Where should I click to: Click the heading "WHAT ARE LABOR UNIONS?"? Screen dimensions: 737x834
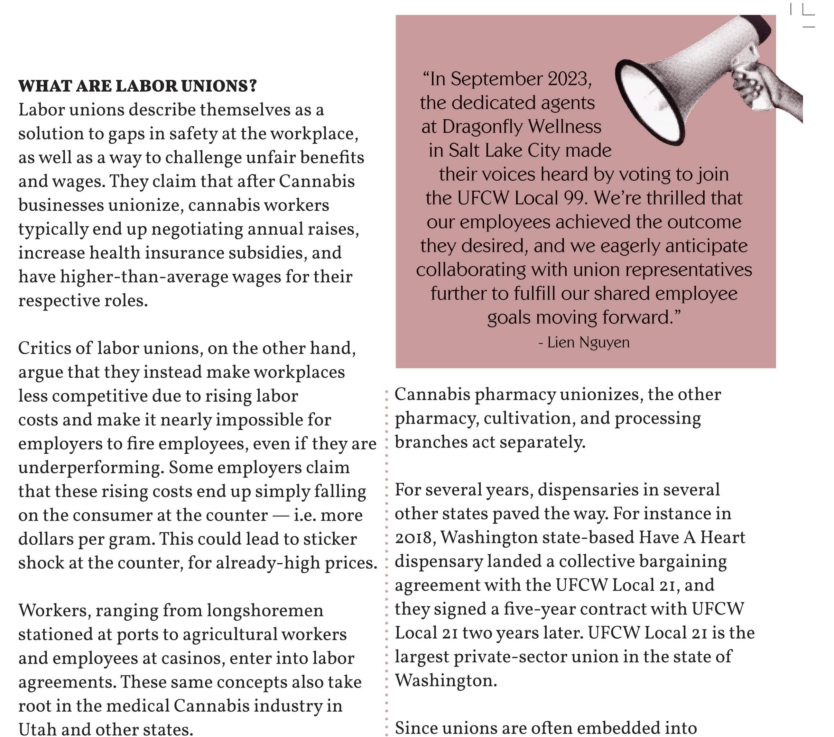137,86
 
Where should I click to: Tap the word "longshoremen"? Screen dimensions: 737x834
265,611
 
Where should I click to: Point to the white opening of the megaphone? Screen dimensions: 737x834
649,102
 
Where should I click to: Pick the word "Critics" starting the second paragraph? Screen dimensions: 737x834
47,348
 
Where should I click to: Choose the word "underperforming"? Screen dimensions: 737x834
91,468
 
